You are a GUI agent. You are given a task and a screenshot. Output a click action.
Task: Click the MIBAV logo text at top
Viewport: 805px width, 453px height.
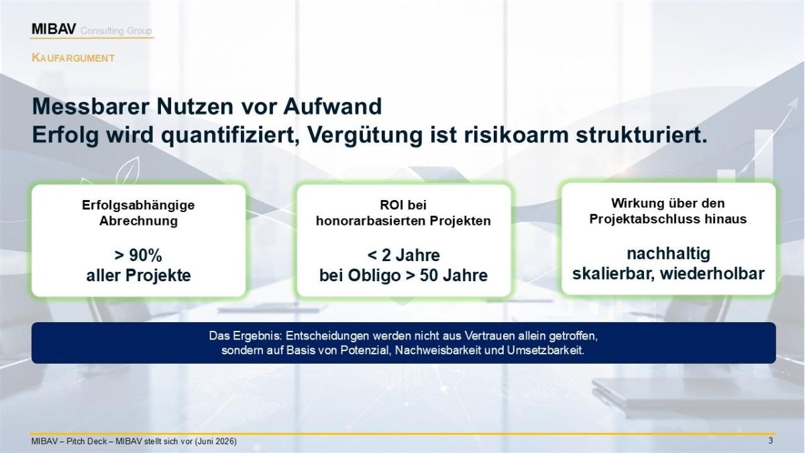[x=54, y=29]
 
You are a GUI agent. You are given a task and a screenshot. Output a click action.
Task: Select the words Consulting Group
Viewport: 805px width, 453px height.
[x=116, y=31]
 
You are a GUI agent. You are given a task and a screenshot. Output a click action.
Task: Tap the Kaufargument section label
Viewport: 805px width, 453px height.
[x=73, y=58]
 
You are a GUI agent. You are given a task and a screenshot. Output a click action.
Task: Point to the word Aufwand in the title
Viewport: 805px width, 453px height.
[x=333, y=107]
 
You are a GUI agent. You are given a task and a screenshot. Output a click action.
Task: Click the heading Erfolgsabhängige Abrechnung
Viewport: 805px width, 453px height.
[x=138, y=213]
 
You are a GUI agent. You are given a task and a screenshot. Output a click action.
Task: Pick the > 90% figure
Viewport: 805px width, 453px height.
[x=138, y=256]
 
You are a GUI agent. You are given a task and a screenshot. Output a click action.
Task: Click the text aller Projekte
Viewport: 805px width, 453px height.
[x=138, y=276]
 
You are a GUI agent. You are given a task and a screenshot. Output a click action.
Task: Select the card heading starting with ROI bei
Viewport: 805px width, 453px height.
[x=403, y=213]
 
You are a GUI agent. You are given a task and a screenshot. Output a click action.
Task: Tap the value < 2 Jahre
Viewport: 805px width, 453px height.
[x=403, y=256]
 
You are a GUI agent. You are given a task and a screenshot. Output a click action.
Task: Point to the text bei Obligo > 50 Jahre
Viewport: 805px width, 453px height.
[x=403, y=276]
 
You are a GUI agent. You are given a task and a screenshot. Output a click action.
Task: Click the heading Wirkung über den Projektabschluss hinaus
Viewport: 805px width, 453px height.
[x=667, y=211]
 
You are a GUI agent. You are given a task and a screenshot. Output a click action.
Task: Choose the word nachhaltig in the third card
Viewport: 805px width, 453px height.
[x=668, y=254]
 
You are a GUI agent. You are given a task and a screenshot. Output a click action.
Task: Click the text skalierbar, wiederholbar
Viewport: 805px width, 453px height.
[x=668, y=274]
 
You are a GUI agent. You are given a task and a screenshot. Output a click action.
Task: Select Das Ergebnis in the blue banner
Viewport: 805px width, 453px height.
[x=246, y=336]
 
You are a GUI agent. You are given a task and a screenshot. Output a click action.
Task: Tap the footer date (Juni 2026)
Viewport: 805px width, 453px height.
[x=215, y=441]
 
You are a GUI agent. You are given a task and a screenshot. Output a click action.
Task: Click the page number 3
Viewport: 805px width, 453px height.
[x=770, y=441]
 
